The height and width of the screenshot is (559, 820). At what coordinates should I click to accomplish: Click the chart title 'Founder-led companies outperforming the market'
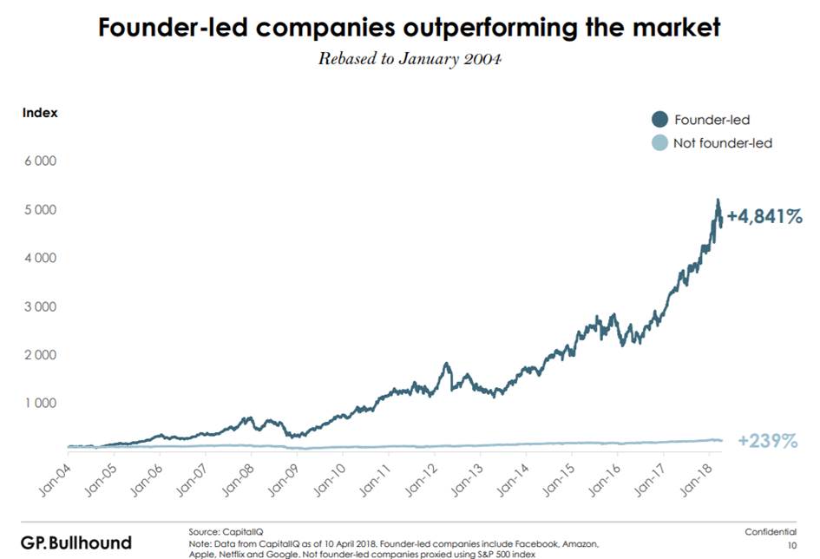pyautogui.click(x=409, y=28)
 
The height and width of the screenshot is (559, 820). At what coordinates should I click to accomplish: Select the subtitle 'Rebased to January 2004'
pyautogui.click(x=409, y=59)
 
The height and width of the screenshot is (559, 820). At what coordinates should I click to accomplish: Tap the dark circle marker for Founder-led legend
pyautogui.click(x=659, y=120)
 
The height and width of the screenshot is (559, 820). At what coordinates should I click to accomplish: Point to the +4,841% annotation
pyautogui.click(x=764, y=216)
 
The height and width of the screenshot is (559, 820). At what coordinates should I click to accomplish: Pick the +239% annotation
pyautogui.click(x=767, y=441)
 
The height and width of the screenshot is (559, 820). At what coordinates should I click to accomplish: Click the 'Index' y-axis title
pyautogui.click(x=40, y=112)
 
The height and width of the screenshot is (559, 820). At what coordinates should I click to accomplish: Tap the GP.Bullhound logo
pyautogui.click(x=76, y=543)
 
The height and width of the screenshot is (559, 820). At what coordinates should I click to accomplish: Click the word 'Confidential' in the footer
pyautogui.click(x=770, y=530)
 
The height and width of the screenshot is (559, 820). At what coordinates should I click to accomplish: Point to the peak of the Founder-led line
pyautogui.click(x=717, y=201)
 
